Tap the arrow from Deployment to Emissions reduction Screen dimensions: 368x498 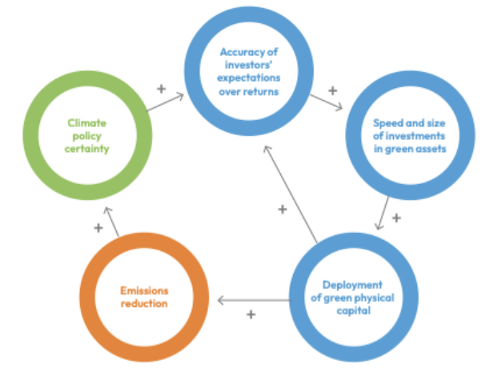pos(253,300)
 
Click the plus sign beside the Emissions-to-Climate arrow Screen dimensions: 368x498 pos(98,228)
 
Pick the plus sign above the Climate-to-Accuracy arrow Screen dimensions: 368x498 pos(161,87)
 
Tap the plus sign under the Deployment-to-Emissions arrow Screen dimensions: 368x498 pos(251,314)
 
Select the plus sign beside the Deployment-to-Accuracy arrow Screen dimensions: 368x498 pos(282,210)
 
